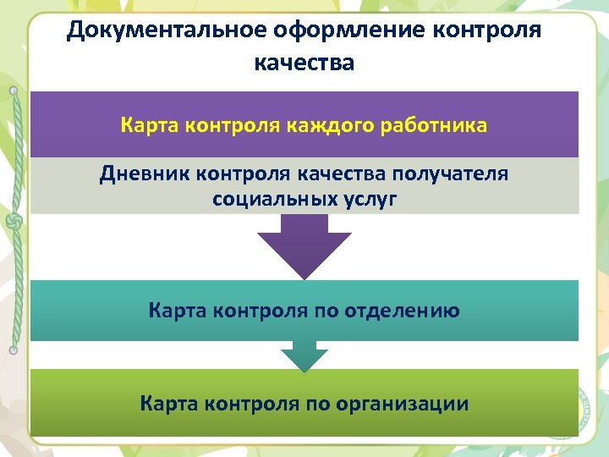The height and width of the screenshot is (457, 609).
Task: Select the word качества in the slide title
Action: coord(304,63)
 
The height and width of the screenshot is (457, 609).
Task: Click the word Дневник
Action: coord(144,174)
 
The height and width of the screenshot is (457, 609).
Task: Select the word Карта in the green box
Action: coord(167,404)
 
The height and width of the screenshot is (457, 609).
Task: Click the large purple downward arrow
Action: coord(304,245)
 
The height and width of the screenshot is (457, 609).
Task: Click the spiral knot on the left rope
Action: coord(14,222)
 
